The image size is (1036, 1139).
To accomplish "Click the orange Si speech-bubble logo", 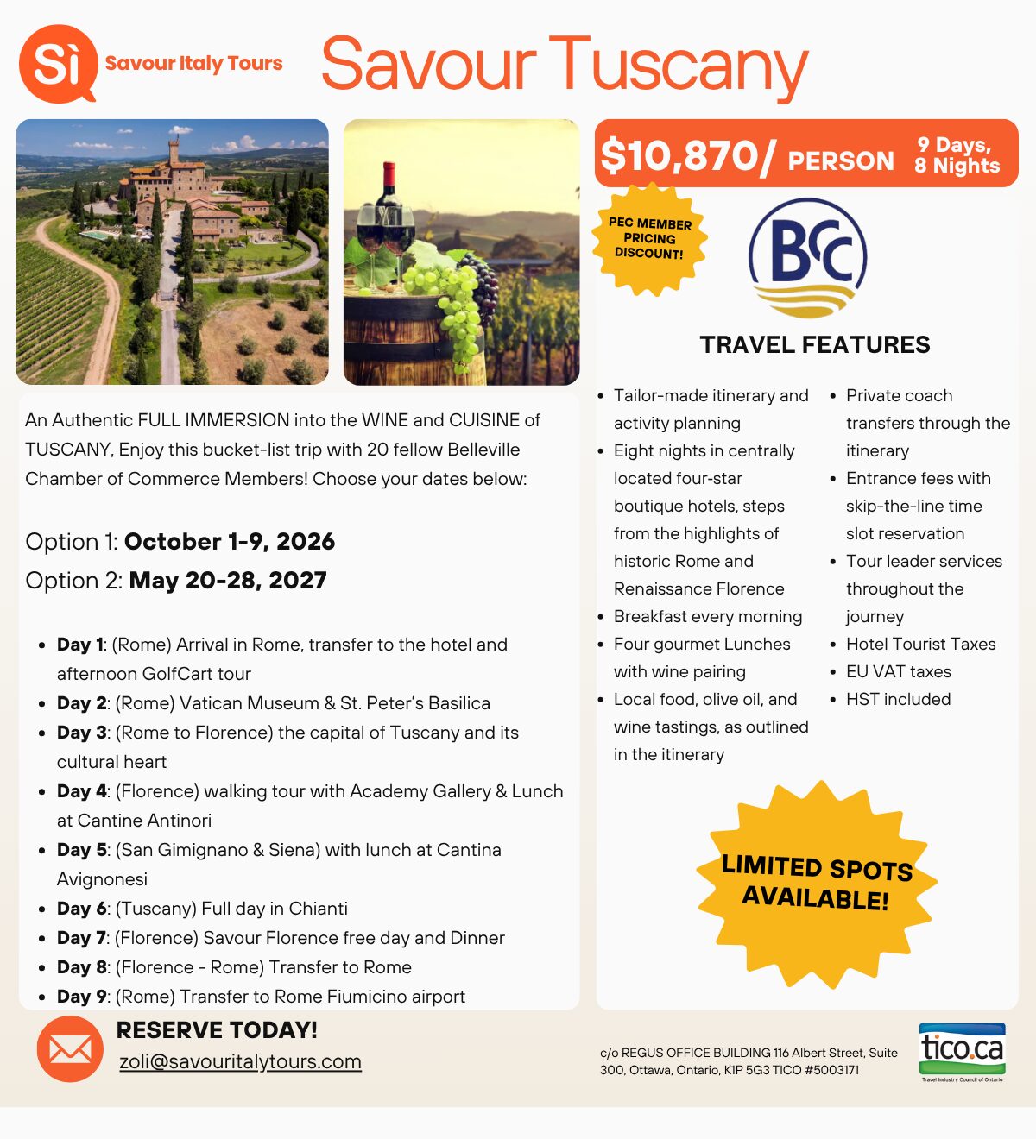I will point(57,63).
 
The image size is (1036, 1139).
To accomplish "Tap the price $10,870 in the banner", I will point(687,156).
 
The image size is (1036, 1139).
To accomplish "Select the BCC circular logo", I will point(808,257).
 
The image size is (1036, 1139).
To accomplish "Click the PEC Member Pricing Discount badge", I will point(649,238).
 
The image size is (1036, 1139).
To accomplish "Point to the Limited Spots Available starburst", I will point(817,884).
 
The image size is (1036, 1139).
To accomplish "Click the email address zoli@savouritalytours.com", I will point(240,1061).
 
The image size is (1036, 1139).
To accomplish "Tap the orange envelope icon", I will point(70,1049).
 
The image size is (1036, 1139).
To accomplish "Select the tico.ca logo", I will point(962,1050).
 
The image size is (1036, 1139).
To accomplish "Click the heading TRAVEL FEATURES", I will point(815,345).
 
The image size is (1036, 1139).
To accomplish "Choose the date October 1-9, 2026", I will point(230,542).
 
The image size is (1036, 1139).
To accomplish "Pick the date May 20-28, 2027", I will point(228,581).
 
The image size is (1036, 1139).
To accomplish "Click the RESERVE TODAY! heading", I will point(217,1030).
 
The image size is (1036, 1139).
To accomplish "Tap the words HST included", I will point(898,699).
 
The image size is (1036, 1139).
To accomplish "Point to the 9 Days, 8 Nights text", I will point(957,156).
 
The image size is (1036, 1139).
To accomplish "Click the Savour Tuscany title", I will point(565,66).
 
